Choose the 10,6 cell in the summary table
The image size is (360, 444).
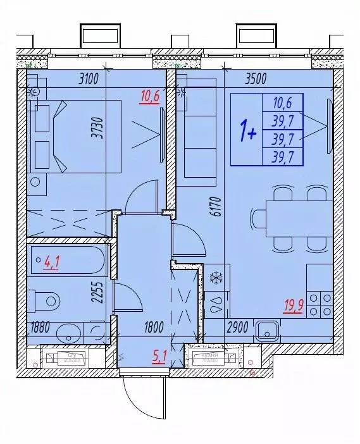coord(282,102)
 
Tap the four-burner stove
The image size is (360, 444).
coord(319,304)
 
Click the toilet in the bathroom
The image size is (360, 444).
coord(45,299)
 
